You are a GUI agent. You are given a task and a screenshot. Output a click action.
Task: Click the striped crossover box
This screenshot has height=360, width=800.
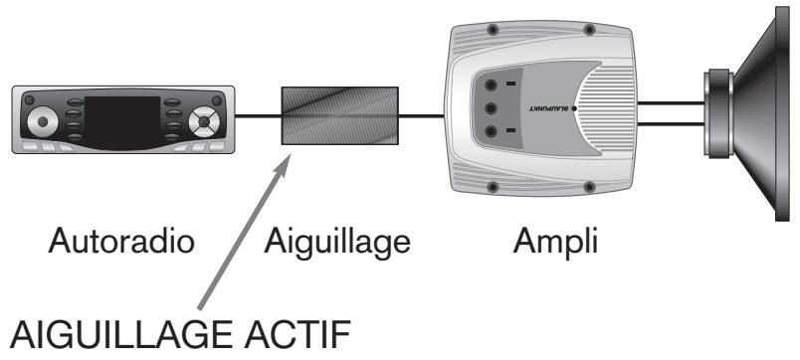[x=339, y=116]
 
